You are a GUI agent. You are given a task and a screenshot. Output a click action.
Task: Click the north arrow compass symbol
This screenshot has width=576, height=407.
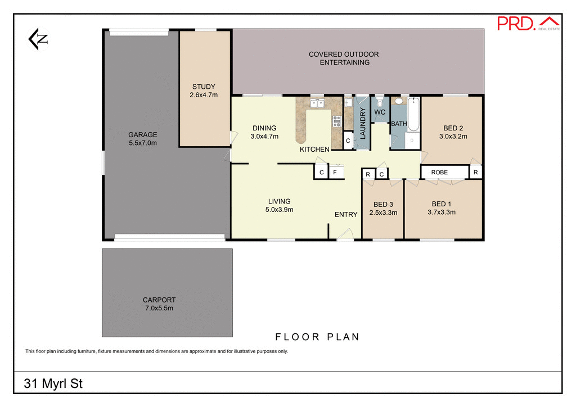pyautogui.click(x=38, y=39)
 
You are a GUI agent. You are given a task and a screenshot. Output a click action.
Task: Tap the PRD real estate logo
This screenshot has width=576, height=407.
pyautogui.click(x=529, y=23)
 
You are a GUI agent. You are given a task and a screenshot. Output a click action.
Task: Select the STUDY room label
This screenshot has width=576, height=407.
pyautogui.click(x=204, y=87)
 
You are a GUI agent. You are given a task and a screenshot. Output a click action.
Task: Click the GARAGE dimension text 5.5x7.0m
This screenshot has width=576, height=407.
pyautogui.click(x=142, y=143)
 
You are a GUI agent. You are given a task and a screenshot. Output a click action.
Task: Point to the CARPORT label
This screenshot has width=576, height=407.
pyautogui.click(x=159, y=300)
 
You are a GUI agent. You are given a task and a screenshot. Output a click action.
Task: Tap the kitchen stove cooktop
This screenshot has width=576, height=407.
pyautogui.click(x=337, y=120)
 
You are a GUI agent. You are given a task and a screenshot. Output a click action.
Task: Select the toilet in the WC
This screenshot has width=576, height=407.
pyautogui.click(x=380, y=103)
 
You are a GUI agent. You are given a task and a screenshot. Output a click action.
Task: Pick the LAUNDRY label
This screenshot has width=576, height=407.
pyautogui.click(x=363, y=124)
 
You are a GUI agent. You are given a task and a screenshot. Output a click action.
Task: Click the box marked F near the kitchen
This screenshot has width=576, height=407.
pyautogui.click(x=335, y=172)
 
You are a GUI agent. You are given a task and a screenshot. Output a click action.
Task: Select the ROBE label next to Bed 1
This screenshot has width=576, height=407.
pyautogui.click(x=439, y=172)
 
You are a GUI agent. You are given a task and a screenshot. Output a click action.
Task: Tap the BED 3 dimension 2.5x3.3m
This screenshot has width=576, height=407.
pyautogui.click(x=383, y=212)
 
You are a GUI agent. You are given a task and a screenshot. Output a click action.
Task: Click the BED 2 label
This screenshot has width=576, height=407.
pyautogui.click(x=453, y=128)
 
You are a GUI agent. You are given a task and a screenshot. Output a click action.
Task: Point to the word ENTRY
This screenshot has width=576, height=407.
pyautogui.click(x=346, y=214)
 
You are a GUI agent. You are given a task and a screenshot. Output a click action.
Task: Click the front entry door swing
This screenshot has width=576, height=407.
pyautogui.click(x=346, y=235)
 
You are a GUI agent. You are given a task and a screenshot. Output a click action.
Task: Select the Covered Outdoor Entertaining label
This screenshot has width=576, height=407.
pyautogui.click(x=344, y=58)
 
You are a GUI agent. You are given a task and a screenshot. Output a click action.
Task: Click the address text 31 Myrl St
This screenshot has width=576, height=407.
pyautogui.click(x=53, y=385)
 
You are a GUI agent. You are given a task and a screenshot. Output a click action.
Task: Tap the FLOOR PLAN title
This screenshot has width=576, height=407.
pyautogui.click(x=317, y=337)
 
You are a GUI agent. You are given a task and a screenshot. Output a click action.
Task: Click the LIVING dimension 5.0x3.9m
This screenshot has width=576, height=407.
pyautogui.click(x=279, y=209)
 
